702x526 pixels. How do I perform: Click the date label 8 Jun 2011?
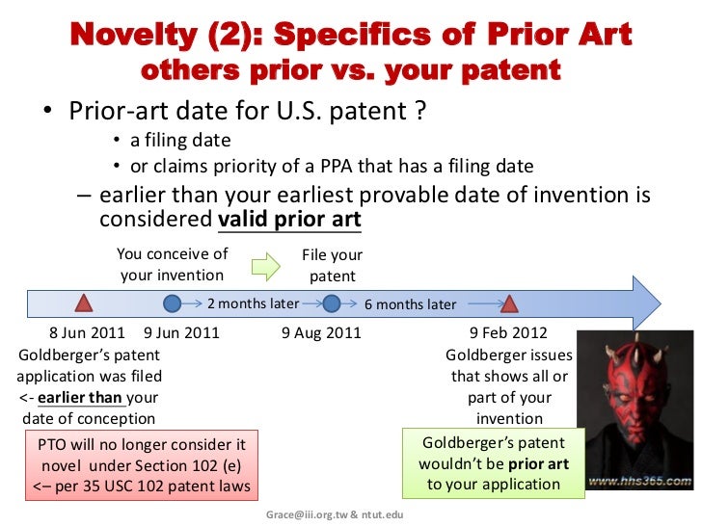[x=88, y=333]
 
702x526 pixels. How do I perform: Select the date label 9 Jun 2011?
[x=181, y=333]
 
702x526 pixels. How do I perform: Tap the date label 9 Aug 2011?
[x=321, y=333]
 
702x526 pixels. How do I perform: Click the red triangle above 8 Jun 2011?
[x=84, y=303]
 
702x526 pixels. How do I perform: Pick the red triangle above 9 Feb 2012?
[x=510, y=303]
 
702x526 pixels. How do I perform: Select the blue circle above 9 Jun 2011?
[x=173, y=303]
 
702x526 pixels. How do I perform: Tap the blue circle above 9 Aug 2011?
[x=332, y=303]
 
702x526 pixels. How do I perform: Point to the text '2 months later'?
[x=253, y=303]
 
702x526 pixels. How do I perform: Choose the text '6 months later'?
[x=410, y=304]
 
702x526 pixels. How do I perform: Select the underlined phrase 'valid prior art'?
[x=289, y=219]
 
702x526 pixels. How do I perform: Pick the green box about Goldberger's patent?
[x=495, y=463]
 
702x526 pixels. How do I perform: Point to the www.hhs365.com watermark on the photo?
[x=638, y=479]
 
